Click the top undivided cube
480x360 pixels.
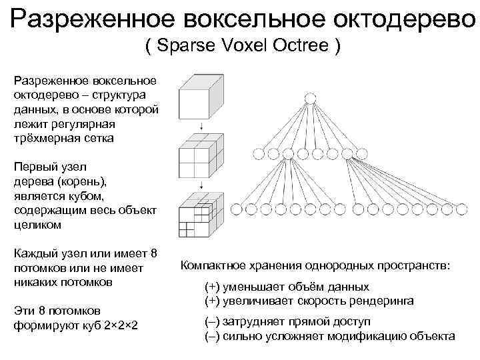200,97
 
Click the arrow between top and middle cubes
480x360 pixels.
201,127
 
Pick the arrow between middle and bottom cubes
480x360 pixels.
201,186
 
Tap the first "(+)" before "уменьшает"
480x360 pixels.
212,287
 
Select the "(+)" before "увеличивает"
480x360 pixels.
212,301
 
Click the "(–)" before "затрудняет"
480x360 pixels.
212,321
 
